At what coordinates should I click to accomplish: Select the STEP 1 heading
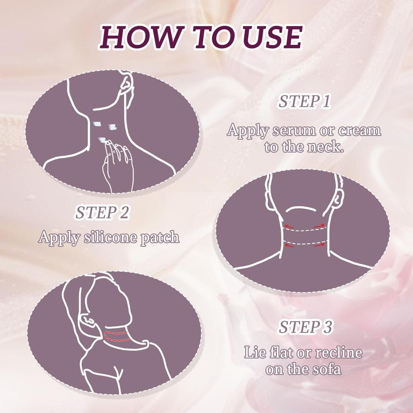(x=304, y=102)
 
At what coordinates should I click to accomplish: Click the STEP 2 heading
(x=102, y=213)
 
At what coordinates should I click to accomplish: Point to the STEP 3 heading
(x=305, y=327)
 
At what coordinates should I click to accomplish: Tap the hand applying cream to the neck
(x=118, y=166)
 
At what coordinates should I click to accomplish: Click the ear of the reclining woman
(x=88, y=319)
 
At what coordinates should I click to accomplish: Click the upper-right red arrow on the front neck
(x=319, y=226)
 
